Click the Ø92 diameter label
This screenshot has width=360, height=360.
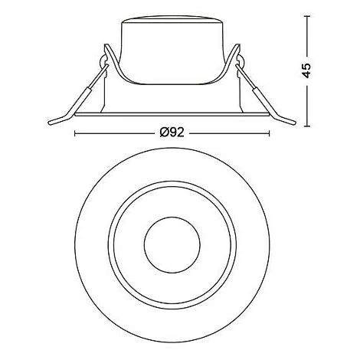tap(172, 133)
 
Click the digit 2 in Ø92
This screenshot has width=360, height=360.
tap(182, 133)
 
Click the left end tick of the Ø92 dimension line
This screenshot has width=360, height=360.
tap(74, 133)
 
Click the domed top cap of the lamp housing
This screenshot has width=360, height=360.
tap(172, 23)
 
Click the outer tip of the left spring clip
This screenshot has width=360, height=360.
tap(51, 121)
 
